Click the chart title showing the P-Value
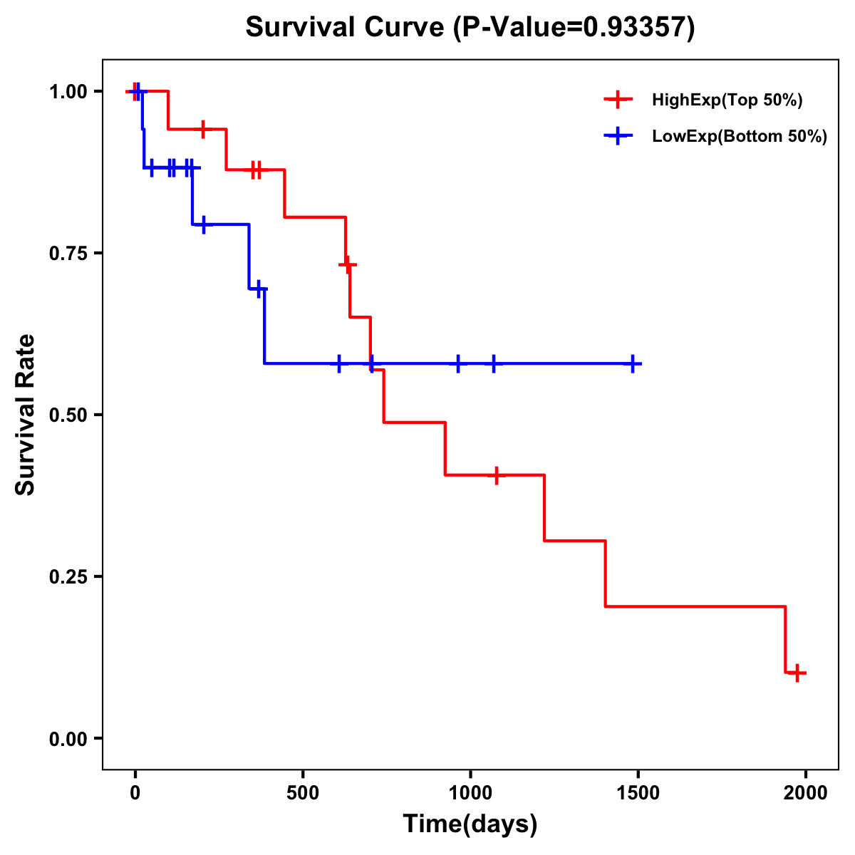tap(470, 27)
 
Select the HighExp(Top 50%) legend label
tap(727, 100)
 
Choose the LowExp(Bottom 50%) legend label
tap(740, 137)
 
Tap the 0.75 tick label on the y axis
tap(68, 253)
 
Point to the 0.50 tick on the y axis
tap(68, 415)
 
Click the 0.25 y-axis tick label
tap(68, 576)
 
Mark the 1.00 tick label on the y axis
tap(68, 91)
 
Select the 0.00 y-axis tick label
tap(68, 738)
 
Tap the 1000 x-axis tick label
tap(470, 793)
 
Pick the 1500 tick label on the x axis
tap(638, 793)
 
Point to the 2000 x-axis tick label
tap(806, 793)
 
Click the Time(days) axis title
tap(470, 824)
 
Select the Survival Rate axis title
tap(26, 415)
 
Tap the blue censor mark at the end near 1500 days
tap(633, 363)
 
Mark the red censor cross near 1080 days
tap(496, 475)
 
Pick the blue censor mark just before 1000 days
tap(457, 363)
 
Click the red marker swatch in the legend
tap(618, 100)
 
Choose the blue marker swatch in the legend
tap(618, 137)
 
